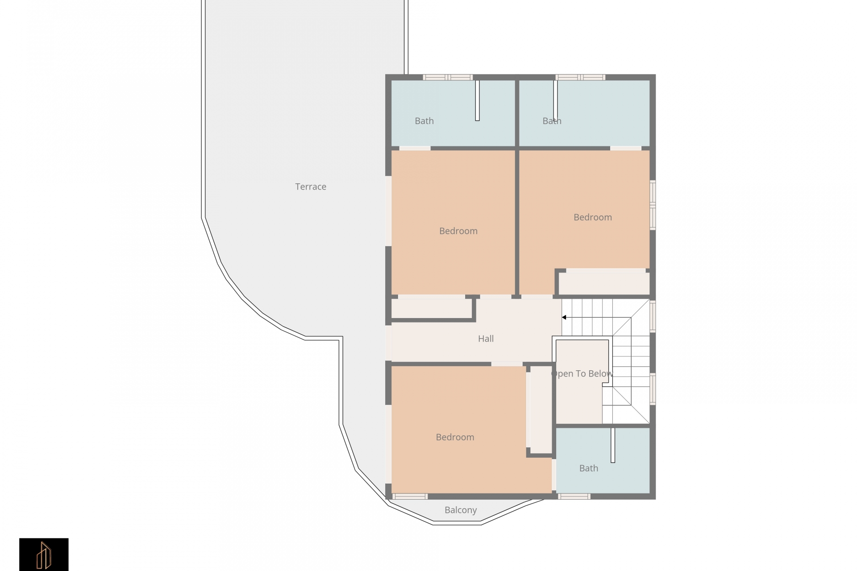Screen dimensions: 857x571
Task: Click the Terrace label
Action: coord(311,187)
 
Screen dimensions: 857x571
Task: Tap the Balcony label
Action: coord(461,510)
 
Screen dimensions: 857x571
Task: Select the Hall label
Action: coord(486,339)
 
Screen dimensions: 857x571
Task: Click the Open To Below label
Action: coord(582,374)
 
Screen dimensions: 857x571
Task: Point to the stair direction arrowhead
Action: coord(564,318)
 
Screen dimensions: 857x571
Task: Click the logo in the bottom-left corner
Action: coord(44,554)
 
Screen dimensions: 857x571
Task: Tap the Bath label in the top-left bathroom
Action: coord(424,121)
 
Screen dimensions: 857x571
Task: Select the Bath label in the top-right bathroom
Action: coord(552,121)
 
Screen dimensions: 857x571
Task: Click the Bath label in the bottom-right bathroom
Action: coord(588,468)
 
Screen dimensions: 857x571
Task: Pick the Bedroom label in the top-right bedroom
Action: coord(592,217)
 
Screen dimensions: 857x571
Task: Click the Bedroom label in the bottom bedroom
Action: coord(455,437)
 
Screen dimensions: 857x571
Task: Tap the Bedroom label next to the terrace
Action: coord(458,231)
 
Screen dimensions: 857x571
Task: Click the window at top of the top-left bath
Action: coord(448,77)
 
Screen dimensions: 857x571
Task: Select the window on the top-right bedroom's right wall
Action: coord(653,205)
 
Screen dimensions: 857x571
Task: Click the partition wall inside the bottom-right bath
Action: coord(613,445)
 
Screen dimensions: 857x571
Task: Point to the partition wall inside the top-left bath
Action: coord(477,100)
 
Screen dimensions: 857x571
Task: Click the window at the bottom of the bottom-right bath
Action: coord(574,497)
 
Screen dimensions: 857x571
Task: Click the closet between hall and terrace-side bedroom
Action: coord(432,308)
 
